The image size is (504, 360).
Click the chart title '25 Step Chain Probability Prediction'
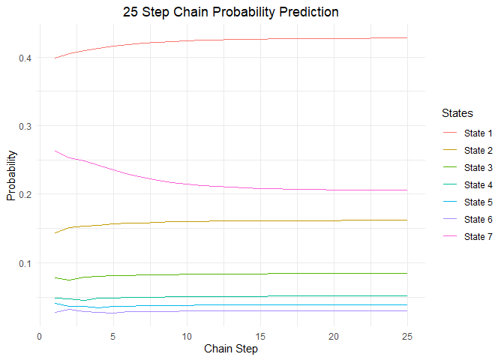(230, 12)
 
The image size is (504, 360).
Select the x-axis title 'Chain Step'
(231, 349)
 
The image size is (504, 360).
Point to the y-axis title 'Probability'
(11, 175)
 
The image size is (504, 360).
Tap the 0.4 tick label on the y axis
(25, 58)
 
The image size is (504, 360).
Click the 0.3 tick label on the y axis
(25, 126)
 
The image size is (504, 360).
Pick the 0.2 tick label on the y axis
(25, 194)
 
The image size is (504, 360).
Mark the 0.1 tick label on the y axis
(25, 263)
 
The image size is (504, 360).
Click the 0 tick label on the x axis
(40, 337)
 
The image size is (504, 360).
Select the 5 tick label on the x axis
(112, 337)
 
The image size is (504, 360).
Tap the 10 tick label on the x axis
(187, 337)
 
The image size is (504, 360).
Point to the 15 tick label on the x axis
(260, 337)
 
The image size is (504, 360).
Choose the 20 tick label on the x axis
(334, 337)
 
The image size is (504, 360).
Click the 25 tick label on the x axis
(407, 337)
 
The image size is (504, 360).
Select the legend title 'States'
(457, 113)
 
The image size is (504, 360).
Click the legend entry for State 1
(468, 133)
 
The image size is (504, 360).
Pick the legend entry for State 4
(468, 184)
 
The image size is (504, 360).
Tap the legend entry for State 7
(468, 236)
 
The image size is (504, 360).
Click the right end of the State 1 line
(407, 38)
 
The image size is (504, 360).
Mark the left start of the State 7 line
(55, 151)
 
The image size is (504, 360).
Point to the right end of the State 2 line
(407, 220)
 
